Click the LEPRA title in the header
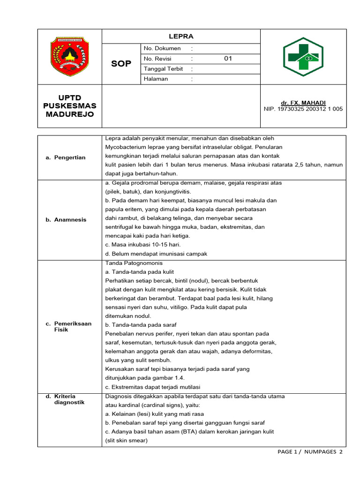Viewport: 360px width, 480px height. [181, 36]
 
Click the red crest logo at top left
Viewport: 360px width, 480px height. [69, 58]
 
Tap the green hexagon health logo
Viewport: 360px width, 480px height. [303, 57]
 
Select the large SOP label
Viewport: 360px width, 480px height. [121, 64]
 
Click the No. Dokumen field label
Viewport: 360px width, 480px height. [162, 48]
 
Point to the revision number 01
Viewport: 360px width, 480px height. [228, 59]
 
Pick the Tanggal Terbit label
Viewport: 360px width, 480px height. [163, 69]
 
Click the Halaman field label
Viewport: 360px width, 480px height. [156, 79]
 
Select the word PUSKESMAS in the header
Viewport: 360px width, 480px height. [69, 105]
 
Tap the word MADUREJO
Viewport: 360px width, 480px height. [69, 114]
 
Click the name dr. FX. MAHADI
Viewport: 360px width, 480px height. [303, 103]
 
